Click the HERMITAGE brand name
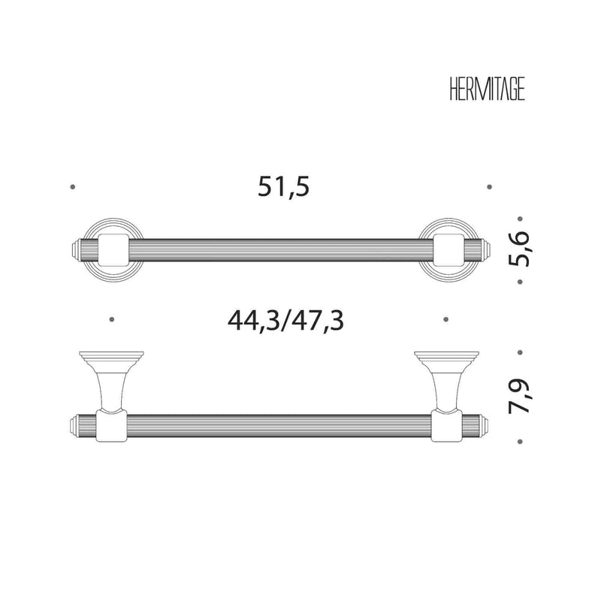(487, 89)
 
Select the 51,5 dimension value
(284, 187)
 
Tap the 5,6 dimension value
(518, 249)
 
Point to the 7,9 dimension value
(518, 397)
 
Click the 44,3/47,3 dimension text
(286, 322)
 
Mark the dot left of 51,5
(72, 187)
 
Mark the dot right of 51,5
(490, 187)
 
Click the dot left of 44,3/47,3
(111, 319)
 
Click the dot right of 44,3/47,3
(445, 319)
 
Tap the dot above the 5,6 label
(520, 219)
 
